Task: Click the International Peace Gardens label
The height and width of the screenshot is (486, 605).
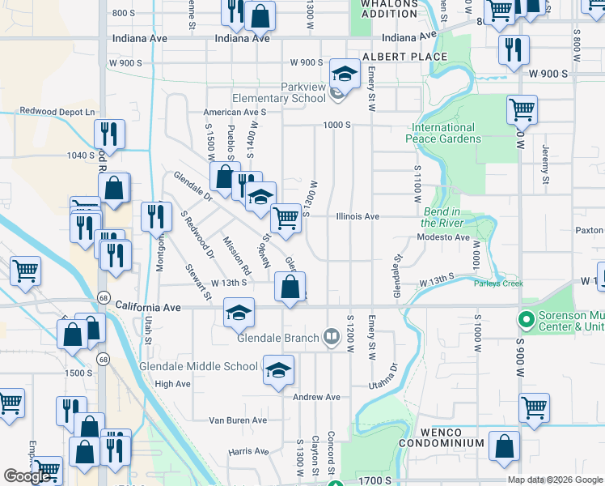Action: point(443,133)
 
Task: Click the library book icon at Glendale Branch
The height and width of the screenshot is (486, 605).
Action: point(331,335)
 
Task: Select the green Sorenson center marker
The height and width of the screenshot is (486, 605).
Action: point(527,320)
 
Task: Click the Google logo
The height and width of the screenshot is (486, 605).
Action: point(27,476)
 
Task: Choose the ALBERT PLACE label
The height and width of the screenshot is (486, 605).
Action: point(404,57)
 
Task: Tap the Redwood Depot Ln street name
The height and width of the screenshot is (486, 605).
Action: point(57,112)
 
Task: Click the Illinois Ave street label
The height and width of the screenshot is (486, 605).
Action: point(357,217)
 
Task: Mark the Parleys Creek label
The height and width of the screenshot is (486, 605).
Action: point(499,283)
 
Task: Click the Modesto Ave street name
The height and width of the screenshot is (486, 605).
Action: point(442,238)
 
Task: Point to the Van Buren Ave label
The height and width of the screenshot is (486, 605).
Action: point(238,420)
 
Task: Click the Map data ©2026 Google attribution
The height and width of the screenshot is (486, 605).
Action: point(556,480)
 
